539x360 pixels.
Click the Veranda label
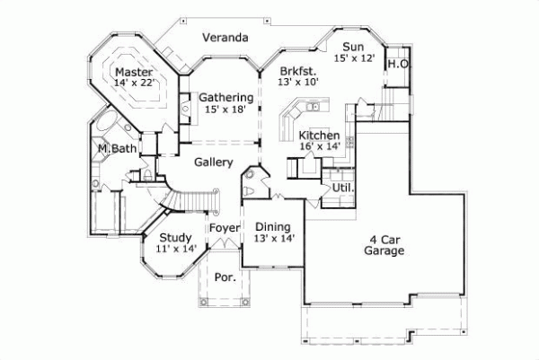pos(225,38)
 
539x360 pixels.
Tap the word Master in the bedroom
pos(134,72)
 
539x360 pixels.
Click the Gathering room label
pos(225,97)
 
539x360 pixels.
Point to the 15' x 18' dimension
pos(225,109)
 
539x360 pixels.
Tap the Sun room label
pos(351,47)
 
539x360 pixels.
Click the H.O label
pos(398,65)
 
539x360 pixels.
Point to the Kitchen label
pos(319,135)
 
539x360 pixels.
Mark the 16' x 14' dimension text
pos(319,146)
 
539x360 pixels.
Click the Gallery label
pos(214,162)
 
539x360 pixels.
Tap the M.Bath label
pos(117,149)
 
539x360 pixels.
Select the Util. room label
pos(342,189)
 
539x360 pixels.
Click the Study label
pos(175,238)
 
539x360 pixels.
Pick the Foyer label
pos(225,228)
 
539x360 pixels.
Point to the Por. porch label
pos(225,277)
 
